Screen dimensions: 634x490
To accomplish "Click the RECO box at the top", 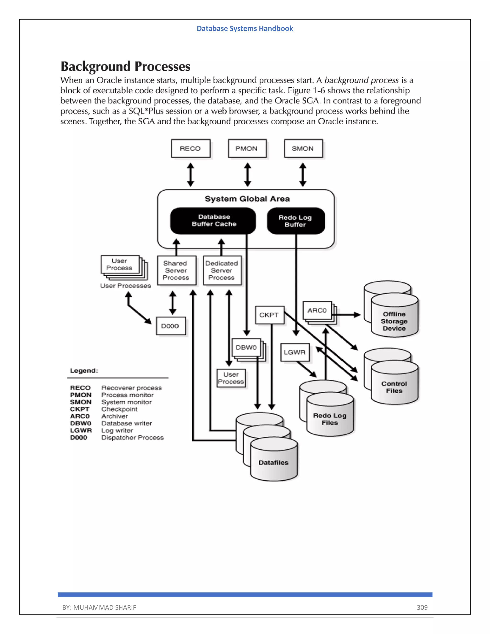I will coord(190,149).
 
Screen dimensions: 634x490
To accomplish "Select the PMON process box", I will coord(247,149).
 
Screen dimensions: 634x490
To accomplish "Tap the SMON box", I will coord(303,149).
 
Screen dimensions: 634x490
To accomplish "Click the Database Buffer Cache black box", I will coord(213,221).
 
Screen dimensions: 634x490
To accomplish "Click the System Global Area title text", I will coord(247,199).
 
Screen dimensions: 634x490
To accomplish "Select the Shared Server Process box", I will coord(176,271).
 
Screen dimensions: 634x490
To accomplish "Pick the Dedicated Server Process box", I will coord(222,271).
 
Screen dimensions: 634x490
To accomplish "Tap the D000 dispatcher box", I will coord(171,326).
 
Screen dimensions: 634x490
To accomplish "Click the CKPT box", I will coord(269,315).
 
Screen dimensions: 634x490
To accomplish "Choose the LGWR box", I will coord(295,352).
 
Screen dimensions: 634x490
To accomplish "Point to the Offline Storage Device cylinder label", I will coord(394,321).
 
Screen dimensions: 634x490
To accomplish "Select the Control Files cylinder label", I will coord(394,387).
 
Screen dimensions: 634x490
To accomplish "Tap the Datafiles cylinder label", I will coord(273,462).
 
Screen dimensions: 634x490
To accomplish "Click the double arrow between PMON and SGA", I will coord(247,174).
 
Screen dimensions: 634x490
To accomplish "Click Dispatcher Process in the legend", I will coord(132,438).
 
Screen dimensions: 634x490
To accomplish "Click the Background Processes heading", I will coord(125,67).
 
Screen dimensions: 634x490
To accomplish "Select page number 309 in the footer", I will coord(422,607).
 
